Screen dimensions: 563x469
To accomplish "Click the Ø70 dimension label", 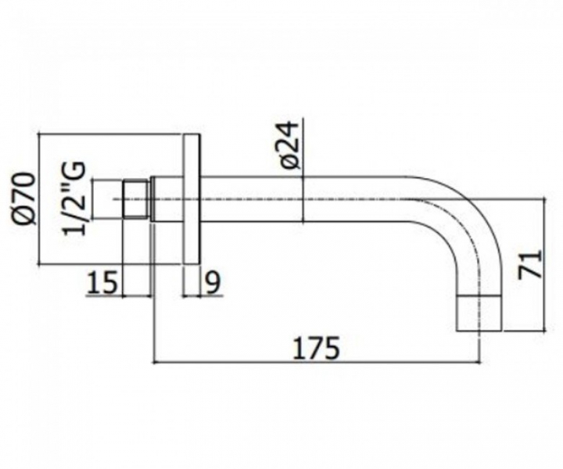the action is point(25,198).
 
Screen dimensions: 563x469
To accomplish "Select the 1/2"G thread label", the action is point(74,199).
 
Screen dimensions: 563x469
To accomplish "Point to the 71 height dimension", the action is point(530,264).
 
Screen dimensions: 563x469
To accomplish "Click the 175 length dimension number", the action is point(316,348).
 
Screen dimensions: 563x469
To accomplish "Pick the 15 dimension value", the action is point(102,282).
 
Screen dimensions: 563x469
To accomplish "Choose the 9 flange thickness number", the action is point(213,282).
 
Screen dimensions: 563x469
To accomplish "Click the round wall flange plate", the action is point(192,199).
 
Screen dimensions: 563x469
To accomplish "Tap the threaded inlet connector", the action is point(136,199).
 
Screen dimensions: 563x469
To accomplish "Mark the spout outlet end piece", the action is point(479,313).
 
